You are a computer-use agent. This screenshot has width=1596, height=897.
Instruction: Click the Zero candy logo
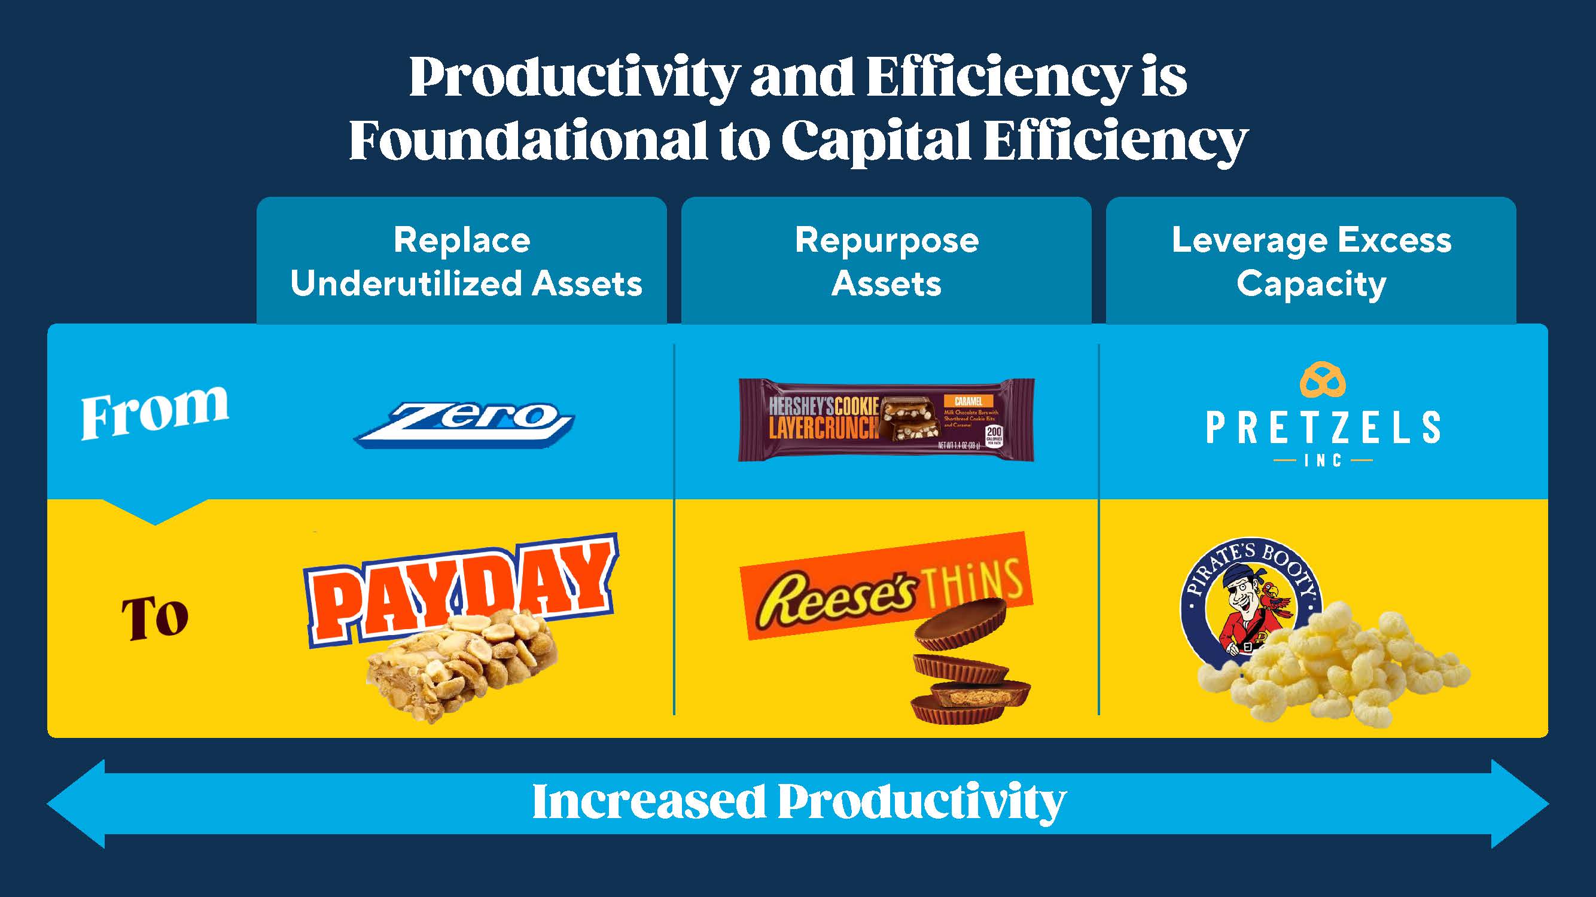click(464, 424)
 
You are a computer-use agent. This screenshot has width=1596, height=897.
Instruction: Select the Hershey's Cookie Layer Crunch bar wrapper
click(886, 420)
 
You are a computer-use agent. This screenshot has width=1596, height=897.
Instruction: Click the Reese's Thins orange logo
click(886, 586)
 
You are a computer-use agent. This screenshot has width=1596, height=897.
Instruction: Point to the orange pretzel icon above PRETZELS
click(1322, 380)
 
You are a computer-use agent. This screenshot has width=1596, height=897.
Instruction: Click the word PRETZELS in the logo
click(1322, 428)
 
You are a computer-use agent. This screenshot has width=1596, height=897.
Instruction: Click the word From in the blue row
click(154, 411)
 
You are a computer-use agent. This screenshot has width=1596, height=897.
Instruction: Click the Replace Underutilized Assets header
click(462, 261)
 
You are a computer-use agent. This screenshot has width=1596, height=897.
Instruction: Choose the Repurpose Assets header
click(886, 261)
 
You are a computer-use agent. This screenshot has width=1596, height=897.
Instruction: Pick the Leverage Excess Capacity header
click(1311, 261)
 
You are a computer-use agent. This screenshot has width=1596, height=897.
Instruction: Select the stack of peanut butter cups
click(967, 669)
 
